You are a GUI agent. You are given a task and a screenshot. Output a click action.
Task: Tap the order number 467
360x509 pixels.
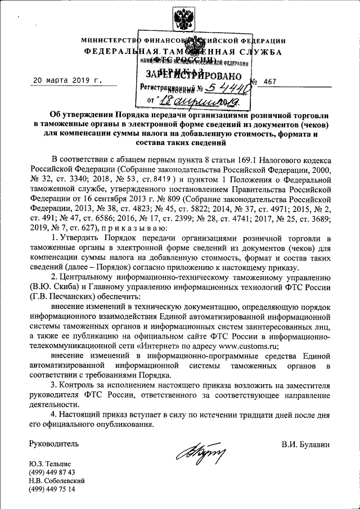point(270,82)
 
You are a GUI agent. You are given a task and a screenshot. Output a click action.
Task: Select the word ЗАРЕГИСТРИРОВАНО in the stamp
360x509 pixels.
point(194,76)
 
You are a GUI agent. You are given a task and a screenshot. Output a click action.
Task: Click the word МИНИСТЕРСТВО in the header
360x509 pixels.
point(109,41)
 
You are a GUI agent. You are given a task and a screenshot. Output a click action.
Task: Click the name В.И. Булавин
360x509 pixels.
point(306,444)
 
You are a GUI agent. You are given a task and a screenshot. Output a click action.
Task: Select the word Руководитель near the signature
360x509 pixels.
point(54,444)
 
